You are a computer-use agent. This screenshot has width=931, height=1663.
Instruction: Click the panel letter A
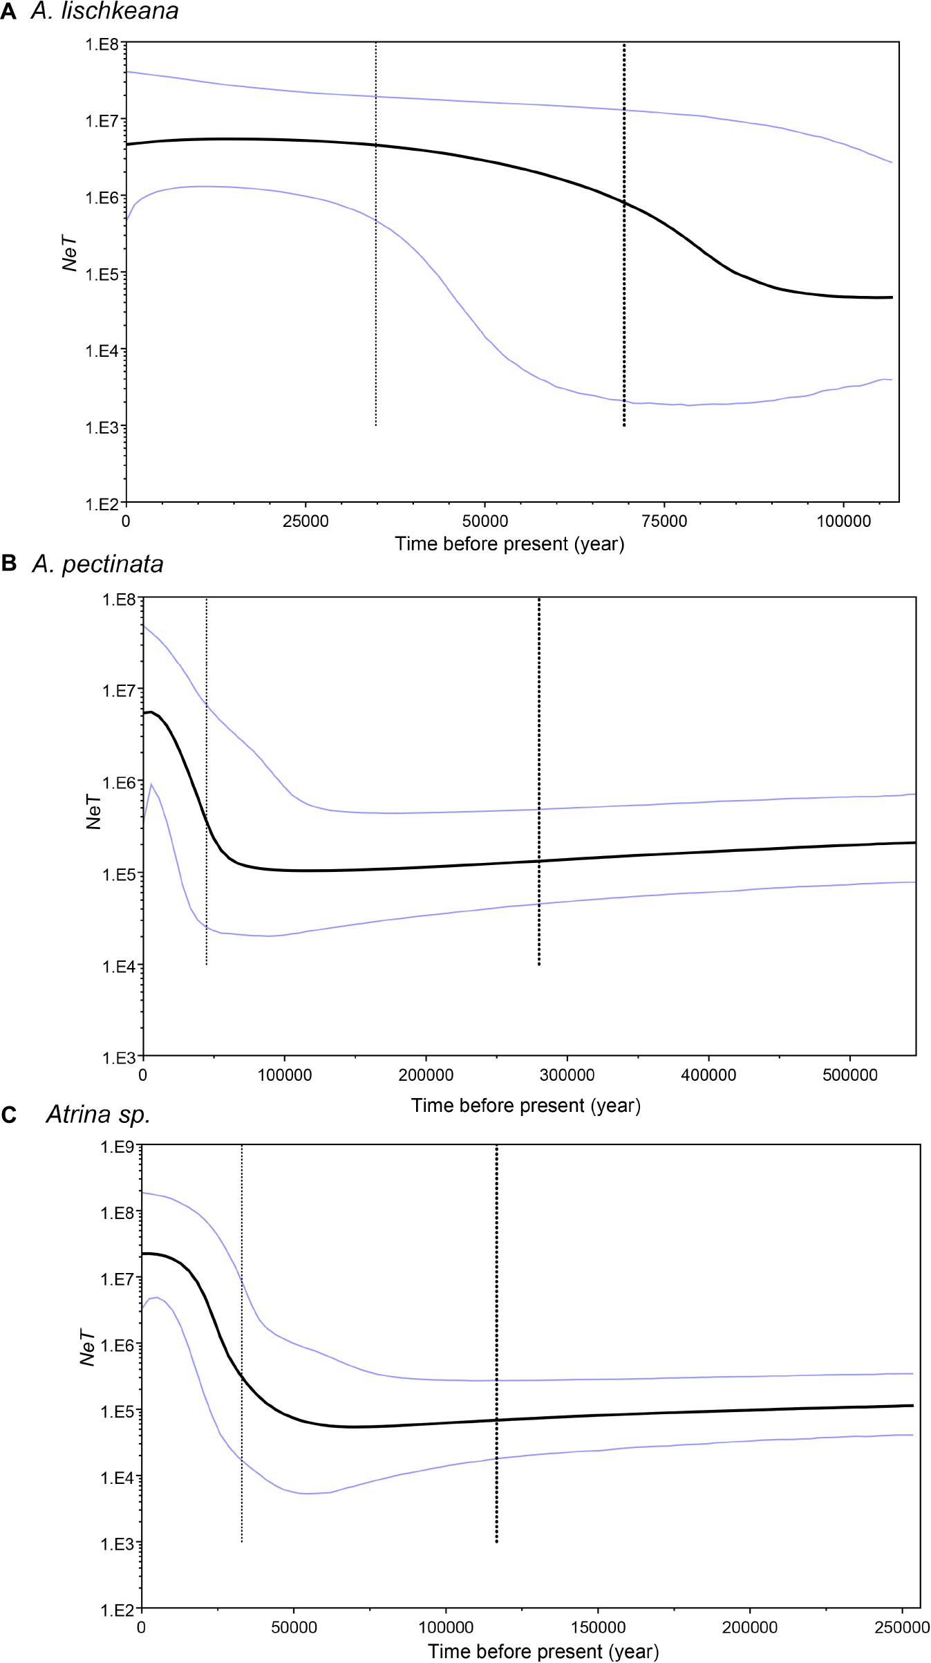[x=8, y=12]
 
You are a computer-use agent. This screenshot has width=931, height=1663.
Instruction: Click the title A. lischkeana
[x=105, y=11]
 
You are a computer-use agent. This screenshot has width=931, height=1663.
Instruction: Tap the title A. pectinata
[x=98, y=564]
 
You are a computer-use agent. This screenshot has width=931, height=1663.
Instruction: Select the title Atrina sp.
[x=98, y=1115]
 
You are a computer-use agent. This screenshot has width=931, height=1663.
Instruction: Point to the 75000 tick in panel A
[x=664, y=521]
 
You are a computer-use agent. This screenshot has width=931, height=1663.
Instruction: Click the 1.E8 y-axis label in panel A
[x=102, y=44]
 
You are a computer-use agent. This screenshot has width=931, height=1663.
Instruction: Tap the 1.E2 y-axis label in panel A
[x=102, y=504]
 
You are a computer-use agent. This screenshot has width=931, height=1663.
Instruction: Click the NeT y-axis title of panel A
[x=69, y=254]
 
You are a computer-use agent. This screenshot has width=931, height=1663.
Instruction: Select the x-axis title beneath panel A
[x=509, y=544]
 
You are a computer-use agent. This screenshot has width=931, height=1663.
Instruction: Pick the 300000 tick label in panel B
[x=567, y=1075]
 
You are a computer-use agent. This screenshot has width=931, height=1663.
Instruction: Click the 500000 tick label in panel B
[x=850, y=1075]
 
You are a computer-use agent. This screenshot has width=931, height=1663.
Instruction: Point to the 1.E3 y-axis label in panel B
[x=119, y=1058]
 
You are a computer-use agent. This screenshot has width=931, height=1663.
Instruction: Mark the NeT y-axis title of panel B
[x=93, y=812]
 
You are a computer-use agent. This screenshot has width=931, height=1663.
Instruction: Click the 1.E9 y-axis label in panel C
[x=117, y=1147]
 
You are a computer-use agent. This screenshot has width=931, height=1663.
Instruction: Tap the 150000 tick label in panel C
[x=598, y=1628]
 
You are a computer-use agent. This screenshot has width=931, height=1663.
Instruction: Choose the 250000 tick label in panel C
[x=901, y=1628]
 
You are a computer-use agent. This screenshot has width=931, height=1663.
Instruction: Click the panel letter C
[x=9, y=1115]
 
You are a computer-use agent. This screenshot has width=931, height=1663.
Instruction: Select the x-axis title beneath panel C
[x=543, y=1651]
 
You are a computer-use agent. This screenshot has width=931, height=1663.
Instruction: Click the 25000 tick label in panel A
[x=305, y=521]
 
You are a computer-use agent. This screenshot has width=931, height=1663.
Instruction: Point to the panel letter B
[x=9, y=564]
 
